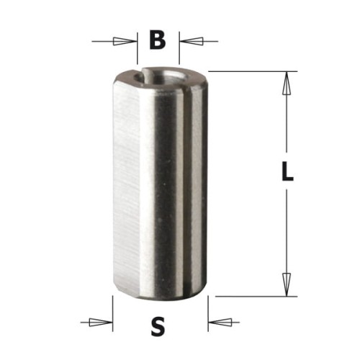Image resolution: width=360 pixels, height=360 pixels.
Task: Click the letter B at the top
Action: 158,41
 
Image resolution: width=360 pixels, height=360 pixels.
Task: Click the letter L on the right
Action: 286,173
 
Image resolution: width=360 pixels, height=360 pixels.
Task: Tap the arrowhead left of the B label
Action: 129,41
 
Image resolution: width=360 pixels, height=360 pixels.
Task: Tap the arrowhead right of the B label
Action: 187,41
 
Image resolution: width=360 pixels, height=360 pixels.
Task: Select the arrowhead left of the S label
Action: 104,320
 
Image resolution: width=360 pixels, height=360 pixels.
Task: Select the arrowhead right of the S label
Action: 216,320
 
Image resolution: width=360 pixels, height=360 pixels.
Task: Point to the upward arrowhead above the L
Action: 286,84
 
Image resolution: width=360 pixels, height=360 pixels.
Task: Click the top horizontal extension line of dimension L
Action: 252,71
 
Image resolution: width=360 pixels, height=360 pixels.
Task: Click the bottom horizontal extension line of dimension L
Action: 252,295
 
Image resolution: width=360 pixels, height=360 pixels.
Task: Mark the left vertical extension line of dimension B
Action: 137,50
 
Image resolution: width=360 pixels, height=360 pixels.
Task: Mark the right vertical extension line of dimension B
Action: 179,50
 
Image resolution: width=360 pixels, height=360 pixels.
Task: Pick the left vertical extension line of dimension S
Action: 112,310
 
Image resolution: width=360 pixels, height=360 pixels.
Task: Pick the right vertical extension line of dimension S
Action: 208,310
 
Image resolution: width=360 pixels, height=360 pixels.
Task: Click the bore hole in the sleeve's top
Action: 164,73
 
